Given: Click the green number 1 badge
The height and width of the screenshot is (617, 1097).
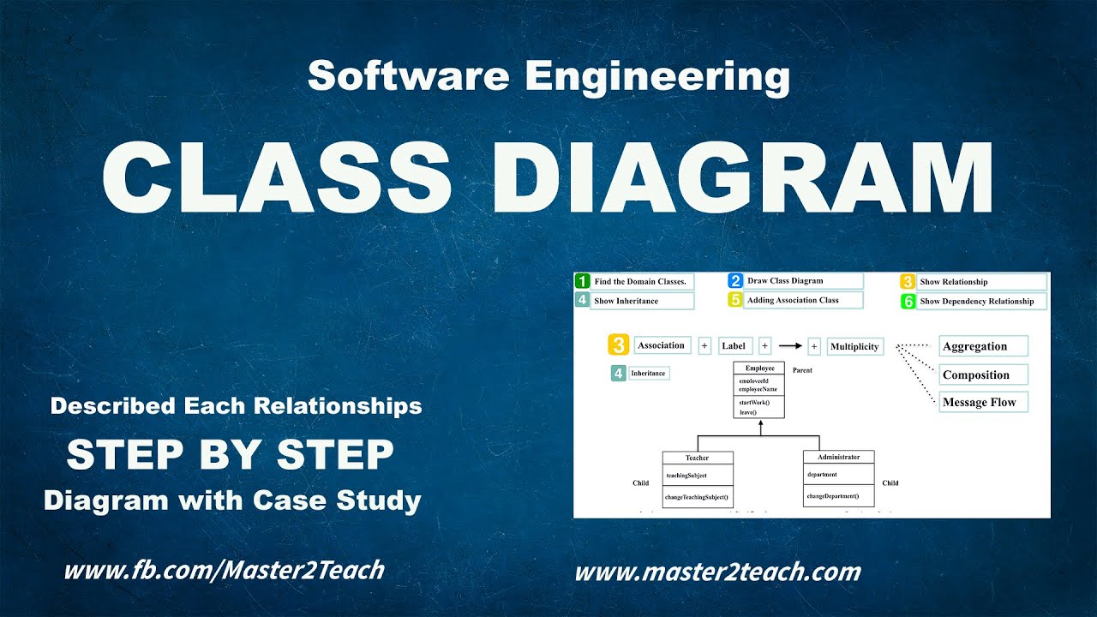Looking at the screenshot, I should pos(583,281).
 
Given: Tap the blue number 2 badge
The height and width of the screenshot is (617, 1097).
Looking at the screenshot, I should pos(735,280).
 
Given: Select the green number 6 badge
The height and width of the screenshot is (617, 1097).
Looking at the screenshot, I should pos(908,302).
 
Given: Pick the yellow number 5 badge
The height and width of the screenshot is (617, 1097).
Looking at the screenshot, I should pos(735,300).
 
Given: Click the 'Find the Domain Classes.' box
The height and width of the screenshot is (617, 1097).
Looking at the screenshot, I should pos(642,281).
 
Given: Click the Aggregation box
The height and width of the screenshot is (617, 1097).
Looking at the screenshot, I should pos(983,346).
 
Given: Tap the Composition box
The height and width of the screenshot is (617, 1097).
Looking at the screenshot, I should pos(983,374).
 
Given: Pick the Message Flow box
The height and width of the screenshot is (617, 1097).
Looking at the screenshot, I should pos(983,402).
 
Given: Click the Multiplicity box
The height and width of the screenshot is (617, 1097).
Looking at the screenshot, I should pos(854,346).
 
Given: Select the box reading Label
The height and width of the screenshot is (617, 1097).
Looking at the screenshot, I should pos(734,346).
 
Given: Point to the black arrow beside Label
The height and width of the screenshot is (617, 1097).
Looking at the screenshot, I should pos(789,346).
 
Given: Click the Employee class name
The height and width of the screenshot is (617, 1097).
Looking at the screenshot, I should pos(759,368).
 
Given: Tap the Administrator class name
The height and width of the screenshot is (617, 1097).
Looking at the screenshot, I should pos(838,458).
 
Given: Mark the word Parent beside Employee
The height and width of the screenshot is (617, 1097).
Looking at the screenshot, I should pos(802,371).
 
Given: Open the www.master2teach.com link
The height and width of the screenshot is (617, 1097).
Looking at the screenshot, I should pos(717,572).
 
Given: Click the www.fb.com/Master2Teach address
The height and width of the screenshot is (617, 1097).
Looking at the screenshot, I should pos(224,569).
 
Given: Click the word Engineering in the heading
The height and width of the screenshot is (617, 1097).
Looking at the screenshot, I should pos(657,76).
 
